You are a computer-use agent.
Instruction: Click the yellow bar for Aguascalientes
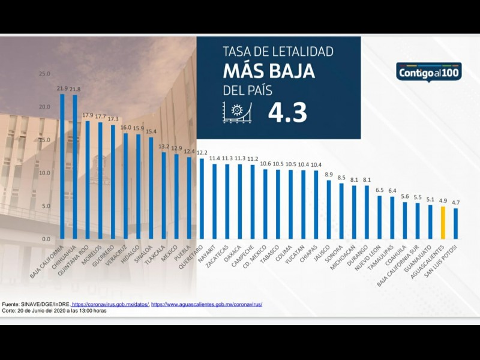(443, 223)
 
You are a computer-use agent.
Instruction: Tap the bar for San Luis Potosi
(455, 223)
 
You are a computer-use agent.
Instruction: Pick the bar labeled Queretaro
(202, 199)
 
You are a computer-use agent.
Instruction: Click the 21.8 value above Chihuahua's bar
(75, 89)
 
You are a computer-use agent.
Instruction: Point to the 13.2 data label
(163, 146)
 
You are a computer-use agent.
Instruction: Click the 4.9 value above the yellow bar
(443, 201)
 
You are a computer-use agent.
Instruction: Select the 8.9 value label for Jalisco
(329, 175)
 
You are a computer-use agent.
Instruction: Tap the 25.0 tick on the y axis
(44, 74)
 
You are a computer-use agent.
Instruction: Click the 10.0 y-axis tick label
(44, 173)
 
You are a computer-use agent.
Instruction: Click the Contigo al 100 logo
(428, 71)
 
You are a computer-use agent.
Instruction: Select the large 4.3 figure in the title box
(287, 112)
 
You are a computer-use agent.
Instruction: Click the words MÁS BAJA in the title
(269, 71)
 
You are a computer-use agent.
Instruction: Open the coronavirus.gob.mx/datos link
(110, 304)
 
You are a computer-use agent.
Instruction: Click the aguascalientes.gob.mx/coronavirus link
(207, 304)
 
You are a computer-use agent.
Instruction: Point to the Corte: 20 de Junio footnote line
(55, 311)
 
